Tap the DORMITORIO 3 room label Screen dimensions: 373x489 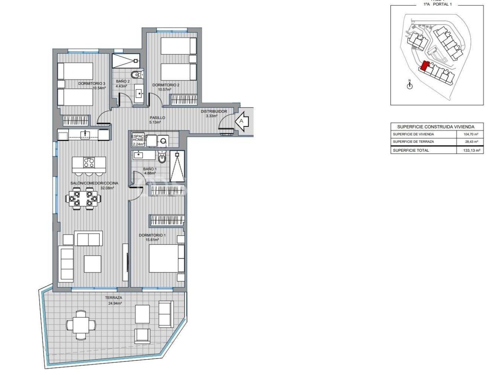pos(92,83)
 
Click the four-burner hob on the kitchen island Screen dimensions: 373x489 pos(89,163)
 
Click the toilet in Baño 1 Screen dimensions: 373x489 pos(162,157)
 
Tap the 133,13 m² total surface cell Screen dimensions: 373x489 pos(471,151)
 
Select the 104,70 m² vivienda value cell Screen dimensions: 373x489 pos(471,135)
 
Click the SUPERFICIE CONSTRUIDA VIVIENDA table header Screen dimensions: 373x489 pos(436,126)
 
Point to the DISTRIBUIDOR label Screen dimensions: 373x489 pos(214,111)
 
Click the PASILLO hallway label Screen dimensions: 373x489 pos(157,118)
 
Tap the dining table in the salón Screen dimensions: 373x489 pos(84,199)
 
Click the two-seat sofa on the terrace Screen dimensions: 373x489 pos(166,314)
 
